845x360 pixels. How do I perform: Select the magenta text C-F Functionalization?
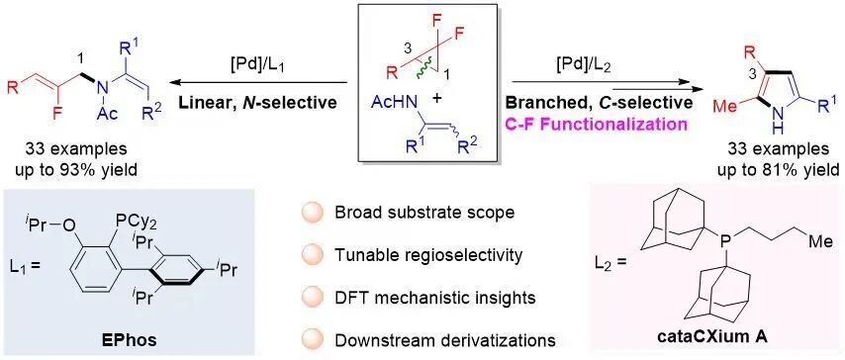click(600, 125)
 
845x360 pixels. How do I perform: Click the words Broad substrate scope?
click(425, 212)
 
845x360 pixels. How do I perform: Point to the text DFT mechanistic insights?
click(435, 298)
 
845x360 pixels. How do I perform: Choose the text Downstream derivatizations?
click(445, 340)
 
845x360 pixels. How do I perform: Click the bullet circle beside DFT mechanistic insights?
click(313, 298)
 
